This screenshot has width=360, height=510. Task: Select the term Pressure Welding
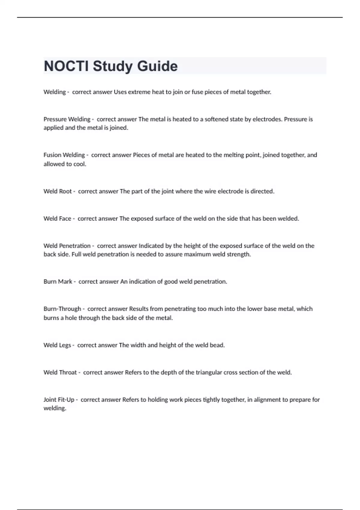click(67, 119)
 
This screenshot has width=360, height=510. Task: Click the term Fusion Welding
click(64, 155)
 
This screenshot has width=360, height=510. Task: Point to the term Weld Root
click(58, 191)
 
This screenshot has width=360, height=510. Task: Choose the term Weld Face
click(57, 218)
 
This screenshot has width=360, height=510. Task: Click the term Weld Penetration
click(67, 246)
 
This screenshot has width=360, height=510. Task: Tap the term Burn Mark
click(58, 281)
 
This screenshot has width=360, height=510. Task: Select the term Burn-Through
click(62, 309)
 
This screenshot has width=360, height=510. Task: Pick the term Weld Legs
click(57, 345)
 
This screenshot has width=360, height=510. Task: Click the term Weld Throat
click(60, 372)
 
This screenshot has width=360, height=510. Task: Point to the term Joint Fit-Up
click(59, 400)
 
